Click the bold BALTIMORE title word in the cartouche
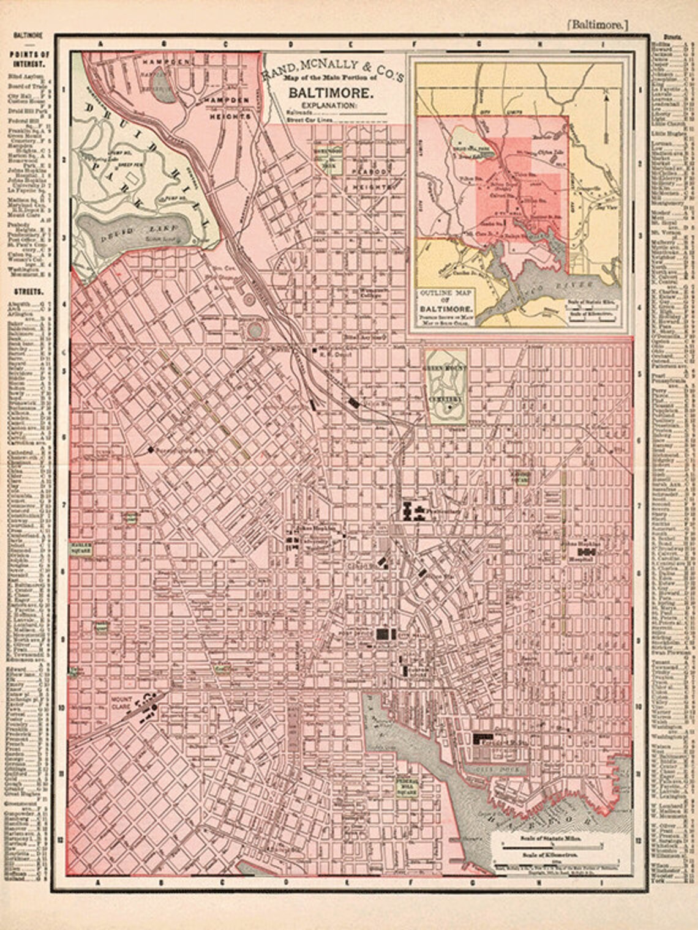click(x=331, y=94)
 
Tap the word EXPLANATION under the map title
click(x=322, y=105)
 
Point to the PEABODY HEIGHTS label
click(x=373, y=177)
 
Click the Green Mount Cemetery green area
click(x=446, y=385)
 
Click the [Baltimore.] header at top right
click(x=596, y=25)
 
